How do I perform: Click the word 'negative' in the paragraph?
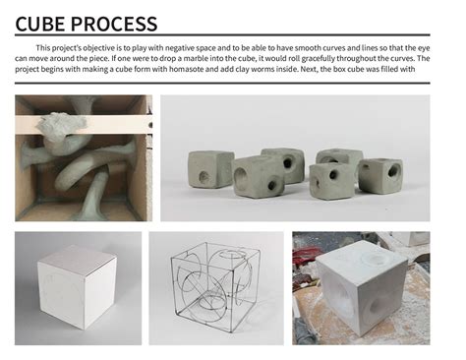194,48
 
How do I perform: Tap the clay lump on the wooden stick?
65,122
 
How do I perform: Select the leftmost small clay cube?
210,168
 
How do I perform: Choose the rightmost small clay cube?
379,174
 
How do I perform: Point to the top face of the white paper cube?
76,258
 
